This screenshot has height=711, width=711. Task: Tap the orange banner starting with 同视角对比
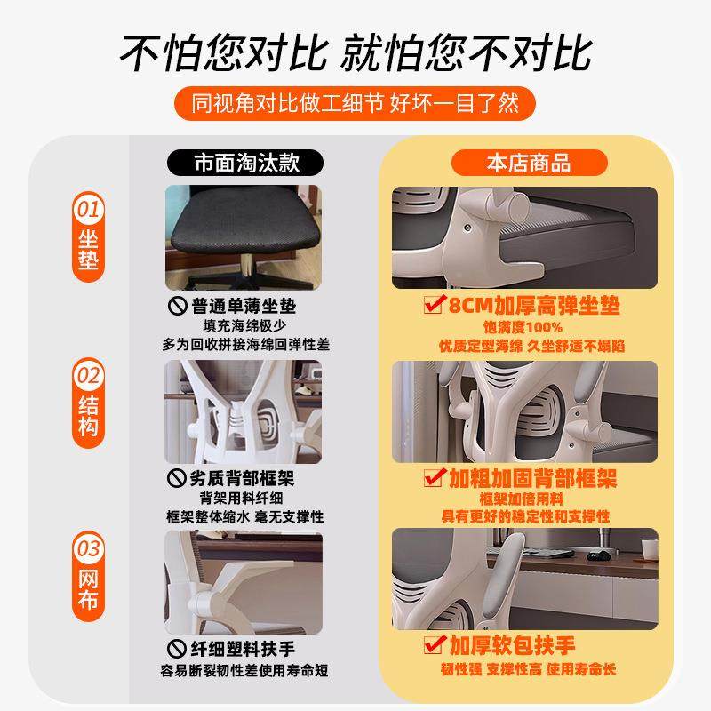point(355,103)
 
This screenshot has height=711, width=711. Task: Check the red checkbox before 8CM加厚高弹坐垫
point(433,306)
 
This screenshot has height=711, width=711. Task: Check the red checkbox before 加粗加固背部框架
point(434,477)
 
